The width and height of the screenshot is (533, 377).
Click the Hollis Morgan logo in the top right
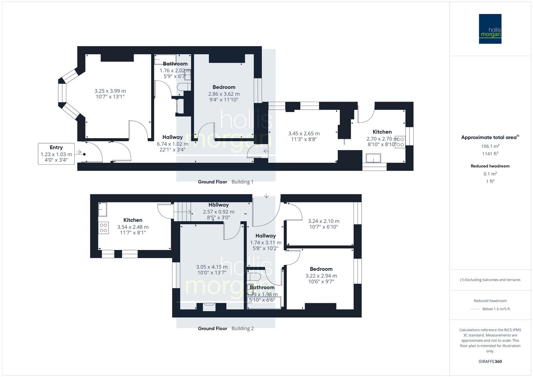[490, 29]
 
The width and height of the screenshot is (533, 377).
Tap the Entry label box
[56, 154]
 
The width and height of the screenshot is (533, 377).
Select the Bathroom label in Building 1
[175, 64]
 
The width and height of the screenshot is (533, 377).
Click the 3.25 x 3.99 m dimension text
[110, 91]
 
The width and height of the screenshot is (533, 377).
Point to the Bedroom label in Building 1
[224, 87]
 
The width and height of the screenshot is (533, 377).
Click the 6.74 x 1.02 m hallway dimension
[172, 144]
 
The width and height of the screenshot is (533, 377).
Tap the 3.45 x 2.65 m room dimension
[304, 133]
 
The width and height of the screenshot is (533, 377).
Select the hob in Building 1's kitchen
[400, 142]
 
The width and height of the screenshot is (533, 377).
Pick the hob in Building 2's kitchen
[103, 228]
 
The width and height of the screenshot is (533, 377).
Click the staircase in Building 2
[182, 212]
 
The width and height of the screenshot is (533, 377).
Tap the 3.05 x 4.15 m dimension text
[212, 267]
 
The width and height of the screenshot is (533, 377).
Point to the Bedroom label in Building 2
[321, 269]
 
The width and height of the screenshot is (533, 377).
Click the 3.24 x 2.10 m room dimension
[324, 221]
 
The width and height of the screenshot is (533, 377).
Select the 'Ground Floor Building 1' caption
[225, 182]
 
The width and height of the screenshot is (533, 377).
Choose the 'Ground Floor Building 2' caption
[225, 328]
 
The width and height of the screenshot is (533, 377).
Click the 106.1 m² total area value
[490, 146]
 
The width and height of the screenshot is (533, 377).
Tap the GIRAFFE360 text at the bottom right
[490, 361]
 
